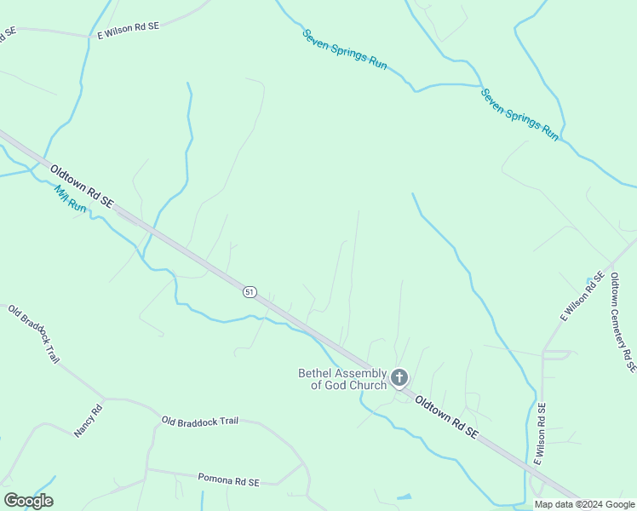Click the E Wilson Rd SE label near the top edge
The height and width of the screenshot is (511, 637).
pyautogui.click(x=128, y=32)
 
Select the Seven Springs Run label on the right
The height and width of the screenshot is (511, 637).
pyautogui.click(x=519, y=114)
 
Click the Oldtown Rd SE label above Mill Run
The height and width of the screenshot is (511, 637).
pyautogui.click(x=81, y=187)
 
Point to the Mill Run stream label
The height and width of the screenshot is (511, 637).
pyautogui.click(x=70, y=200)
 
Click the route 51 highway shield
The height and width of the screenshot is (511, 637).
pyautogui.click(x=249, y=291)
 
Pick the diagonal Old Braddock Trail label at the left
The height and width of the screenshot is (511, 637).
pyautogui.click(x=34, y=333)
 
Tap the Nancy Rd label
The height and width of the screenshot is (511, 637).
pyautogui.click(x=88, y=420)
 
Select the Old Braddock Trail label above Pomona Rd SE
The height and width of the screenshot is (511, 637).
pyautogui.click(x=200, y=421)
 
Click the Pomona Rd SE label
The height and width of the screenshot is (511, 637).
pyautogui.click(x=227, y=479)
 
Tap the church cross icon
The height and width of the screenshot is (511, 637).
pyautogui.click(x=399, y=378)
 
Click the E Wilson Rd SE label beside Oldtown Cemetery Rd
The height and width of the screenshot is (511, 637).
pyautogui.click(x=582, y=296)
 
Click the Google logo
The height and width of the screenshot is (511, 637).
pyautogui.click(x=28, y=501)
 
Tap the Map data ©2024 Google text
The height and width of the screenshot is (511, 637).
pyautogui.click(x=584, y=504)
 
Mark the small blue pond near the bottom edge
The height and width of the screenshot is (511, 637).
pyautogui.click(x=404, y=497)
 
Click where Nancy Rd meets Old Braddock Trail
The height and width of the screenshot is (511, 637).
pyautogui.click(x=105, y=399)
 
